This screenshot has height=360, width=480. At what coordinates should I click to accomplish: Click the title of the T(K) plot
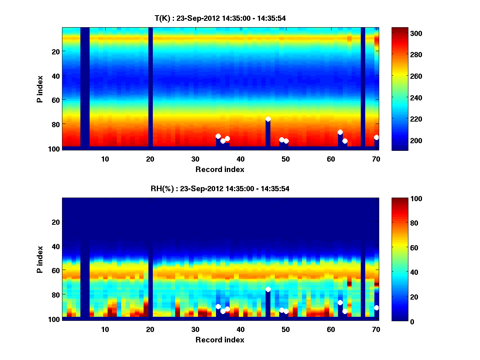(x=220, y=18)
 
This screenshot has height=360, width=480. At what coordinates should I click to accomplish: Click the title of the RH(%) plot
(x=220, y=188)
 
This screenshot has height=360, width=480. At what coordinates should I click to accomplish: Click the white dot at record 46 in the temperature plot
(x=268, y=119)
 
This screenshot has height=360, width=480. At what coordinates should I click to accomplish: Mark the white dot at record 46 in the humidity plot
(x=268, y=290)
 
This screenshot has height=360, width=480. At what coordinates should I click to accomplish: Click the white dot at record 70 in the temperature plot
(x=376, y=138)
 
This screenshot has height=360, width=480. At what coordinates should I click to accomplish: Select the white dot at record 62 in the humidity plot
(x=340, y=303)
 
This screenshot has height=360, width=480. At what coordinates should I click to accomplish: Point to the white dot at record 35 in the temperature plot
(x=218, y=136)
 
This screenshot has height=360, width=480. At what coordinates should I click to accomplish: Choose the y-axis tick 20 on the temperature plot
(x=55, y=52)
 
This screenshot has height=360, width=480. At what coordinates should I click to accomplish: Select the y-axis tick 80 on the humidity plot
(x=55, y=295)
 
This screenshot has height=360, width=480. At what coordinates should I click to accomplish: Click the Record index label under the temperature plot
(x=220, y=169)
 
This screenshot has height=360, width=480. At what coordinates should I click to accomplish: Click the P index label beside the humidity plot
(x=40, y=260)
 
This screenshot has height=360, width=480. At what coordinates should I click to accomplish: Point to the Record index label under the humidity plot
(x=220, y=340)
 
